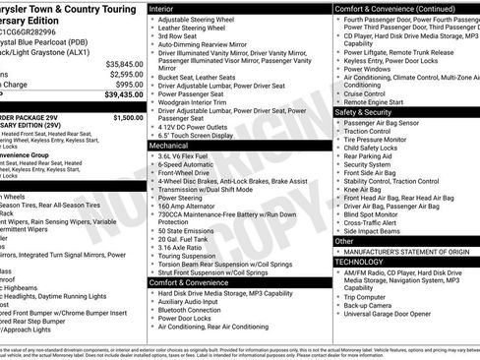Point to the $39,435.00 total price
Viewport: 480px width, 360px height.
pos(122,96)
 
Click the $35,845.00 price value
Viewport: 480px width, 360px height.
pos(124,63)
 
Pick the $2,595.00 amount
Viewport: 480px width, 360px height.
pos(126,74)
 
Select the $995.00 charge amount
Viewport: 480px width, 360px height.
pos(129,85)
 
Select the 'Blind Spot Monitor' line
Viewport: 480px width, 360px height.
pos(380,214)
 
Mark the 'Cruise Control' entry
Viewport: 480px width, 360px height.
pos(374,91)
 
